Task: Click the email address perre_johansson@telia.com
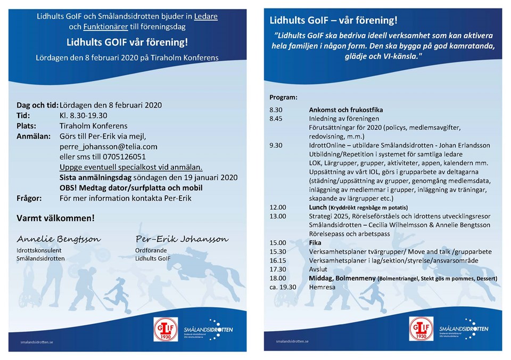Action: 108,146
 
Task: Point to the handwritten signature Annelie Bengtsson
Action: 59,239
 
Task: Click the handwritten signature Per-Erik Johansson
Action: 182,239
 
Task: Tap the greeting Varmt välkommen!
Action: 56,218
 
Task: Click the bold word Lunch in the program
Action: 318,207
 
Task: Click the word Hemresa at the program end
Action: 321,287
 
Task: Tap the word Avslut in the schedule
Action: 319,269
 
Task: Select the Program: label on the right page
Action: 283,98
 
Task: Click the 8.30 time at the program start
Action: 276,110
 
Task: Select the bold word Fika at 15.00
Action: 316,242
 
